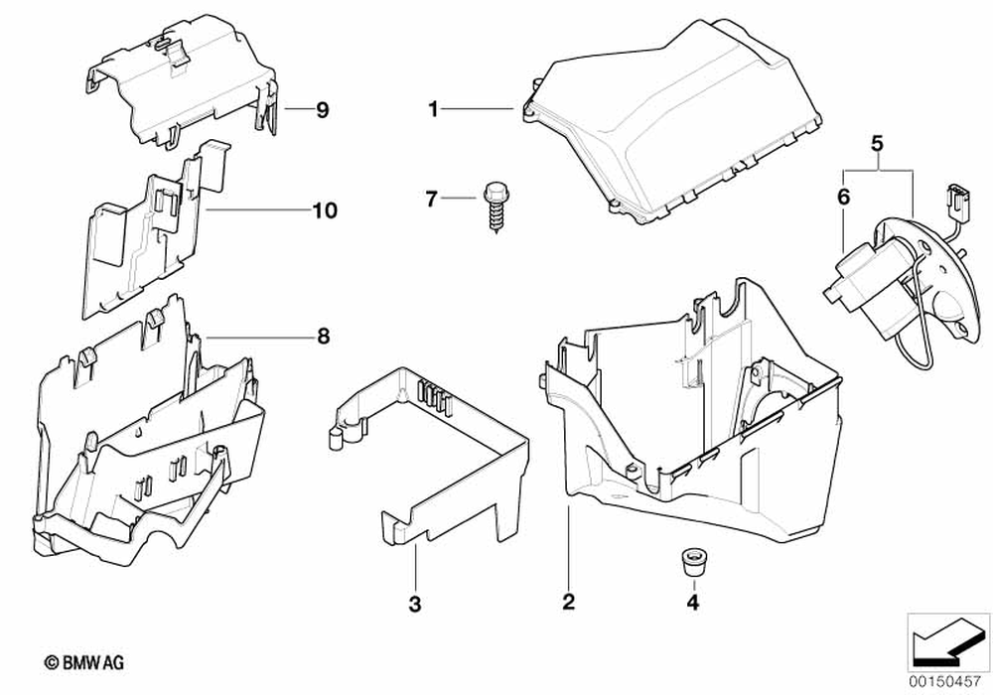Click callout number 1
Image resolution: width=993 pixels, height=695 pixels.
pyautogui.click(x=433, y=109)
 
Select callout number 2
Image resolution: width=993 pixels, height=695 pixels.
pyautogui.click(x=568, y=601)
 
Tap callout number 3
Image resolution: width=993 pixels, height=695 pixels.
pyautogui.click(x=415, y=603)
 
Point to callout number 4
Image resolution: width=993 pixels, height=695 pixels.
pyautogui.click(x=692, y=602)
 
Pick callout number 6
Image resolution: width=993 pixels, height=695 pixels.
pyautogui.click(x=843, y=198)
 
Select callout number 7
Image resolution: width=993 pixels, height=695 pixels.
pyautogui.click(x=431, y=200)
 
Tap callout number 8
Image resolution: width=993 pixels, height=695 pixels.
pyautogui.click(x=323, y=337)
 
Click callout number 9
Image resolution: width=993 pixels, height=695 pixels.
pyautogui.click(x=322, y=110)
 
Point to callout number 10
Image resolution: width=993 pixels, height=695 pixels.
pyautogui.click(x=325, y=210)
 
